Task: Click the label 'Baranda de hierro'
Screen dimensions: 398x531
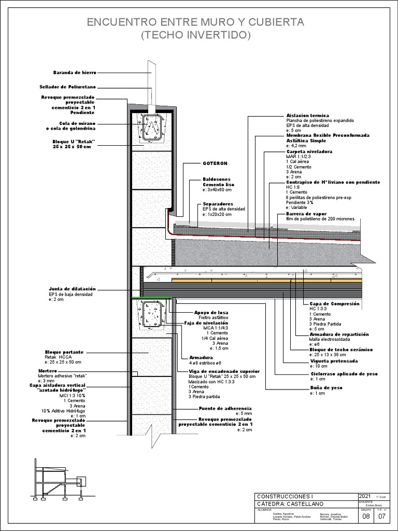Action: click(x=75, y=73)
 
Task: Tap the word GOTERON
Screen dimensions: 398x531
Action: click(x=215, y=163)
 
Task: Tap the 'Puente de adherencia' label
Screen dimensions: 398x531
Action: click(x=225, y=409)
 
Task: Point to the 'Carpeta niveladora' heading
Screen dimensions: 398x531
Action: click(x=309, y=151)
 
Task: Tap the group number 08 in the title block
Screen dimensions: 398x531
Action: click(x=365, y=516)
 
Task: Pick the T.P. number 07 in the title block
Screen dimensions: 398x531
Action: click(x=382, y=516)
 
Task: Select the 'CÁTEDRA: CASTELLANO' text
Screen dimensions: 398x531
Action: click(x=290, y=504)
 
